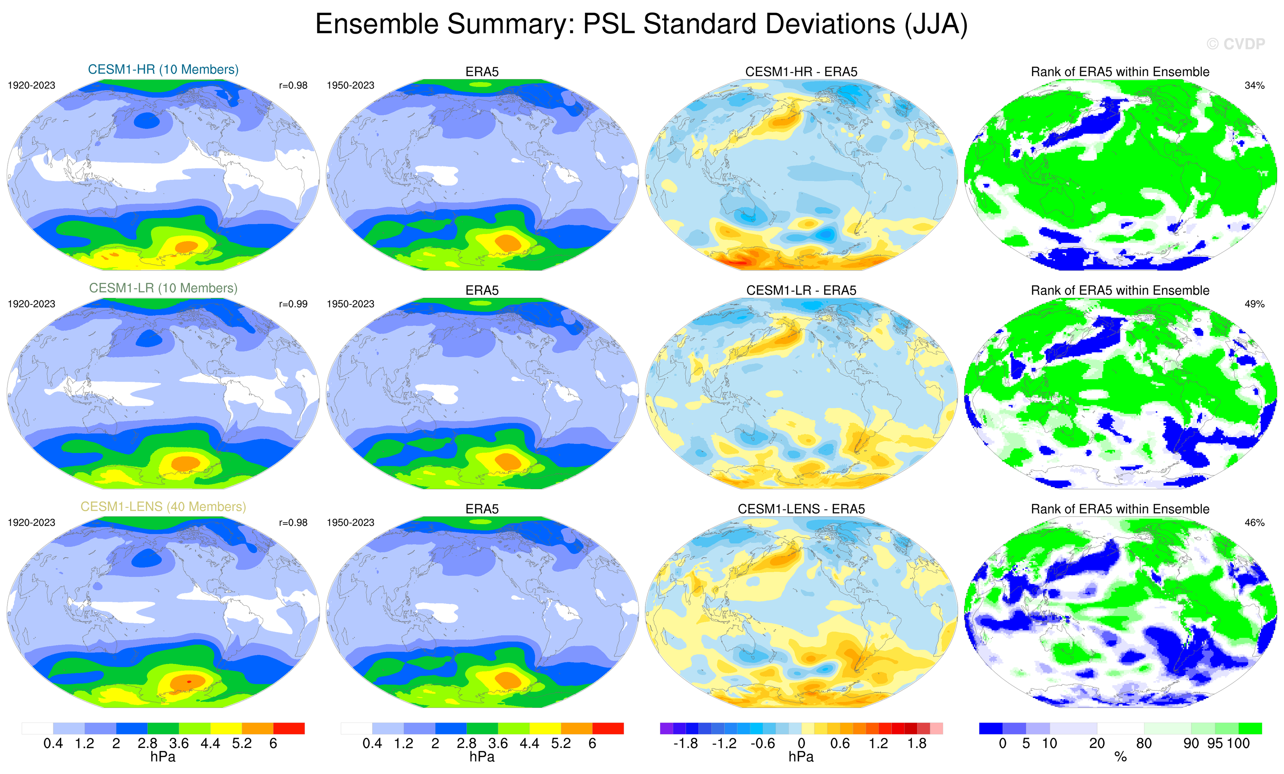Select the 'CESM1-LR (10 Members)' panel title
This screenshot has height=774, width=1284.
(163, 288)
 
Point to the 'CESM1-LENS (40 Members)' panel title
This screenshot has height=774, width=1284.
(163, 507)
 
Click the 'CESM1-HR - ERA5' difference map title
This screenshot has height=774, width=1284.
(801, 72)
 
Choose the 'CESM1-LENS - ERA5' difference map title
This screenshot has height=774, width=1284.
(801, 509)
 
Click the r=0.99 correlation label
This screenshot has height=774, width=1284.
(293, 304)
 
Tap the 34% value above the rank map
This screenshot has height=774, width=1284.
(1254, 85)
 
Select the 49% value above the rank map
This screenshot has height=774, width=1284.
(1254, 304)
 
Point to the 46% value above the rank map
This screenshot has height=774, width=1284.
(1254, 523)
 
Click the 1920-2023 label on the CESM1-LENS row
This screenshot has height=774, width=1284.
(31, 523)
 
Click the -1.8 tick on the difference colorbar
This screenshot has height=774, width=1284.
(685, 743)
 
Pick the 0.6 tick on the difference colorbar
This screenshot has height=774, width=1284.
(840, 743)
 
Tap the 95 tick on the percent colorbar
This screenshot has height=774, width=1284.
(1215, 743)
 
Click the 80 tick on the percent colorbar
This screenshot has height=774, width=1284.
(1144, 743)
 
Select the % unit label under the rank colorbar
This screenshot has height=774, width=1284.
(1120, 757)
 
